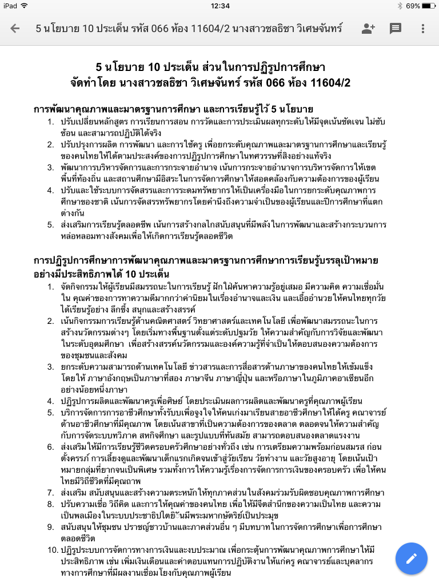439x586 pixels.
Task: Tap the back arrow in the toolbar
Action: pyautogui.click(x=15, y=29)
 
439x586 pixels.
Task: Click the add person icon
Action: pyautogui.click(x=368, y=29)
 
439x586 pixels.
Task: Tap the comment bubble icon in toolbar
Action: pyautogui.click(x=396, y=29)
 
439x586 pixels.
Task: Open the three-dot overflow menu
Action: pyautogui.click(x=423, y=29)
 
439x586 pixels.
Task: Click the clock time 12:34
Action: pyautogui.click(x=219, y=6)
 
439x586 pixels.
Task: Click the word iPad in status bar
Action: pyautogui.click(x=11, y=6)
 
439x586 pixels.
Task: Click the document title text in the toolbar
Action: pyautogui.click(x=189, y=29)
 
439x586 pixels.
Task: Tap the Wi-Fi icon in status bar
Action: pyautogui.click(x=25, y=6)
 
